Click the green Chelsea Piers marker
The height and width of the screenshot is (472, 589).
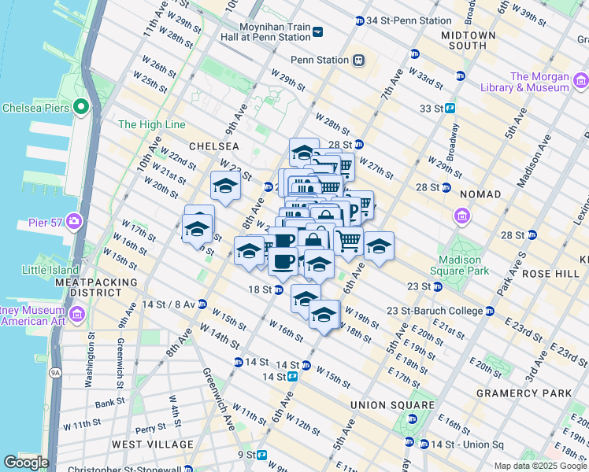tap(80, 107)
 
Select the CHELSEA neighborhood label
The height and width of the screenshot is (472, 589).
tap(213, 146)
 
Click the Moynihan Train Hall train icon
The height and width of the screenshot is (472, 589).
tap(317, 31)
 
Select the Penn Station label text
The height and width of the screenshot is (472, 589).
tap(319, 60)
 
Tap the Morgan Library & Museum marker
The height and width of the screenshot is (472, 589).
tap(581, 80)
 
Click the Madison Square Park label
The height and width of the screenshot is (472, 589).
tap(460, 266)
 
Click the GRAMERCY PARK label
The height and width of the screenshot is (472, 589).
tap(517, 393)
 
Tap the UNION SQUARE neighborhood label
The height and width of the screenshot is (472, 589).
tap(392, 405)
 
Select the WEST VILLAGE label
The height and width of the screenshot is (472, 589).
tap(152, 444)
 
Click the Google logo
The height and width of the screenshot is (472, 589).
tap(25, 463)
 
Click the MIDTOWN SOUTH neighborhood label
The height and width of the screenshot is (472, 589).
tap(469, 41)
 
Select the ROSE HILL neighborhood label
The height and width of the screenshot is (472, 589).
tap(543, 273)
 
